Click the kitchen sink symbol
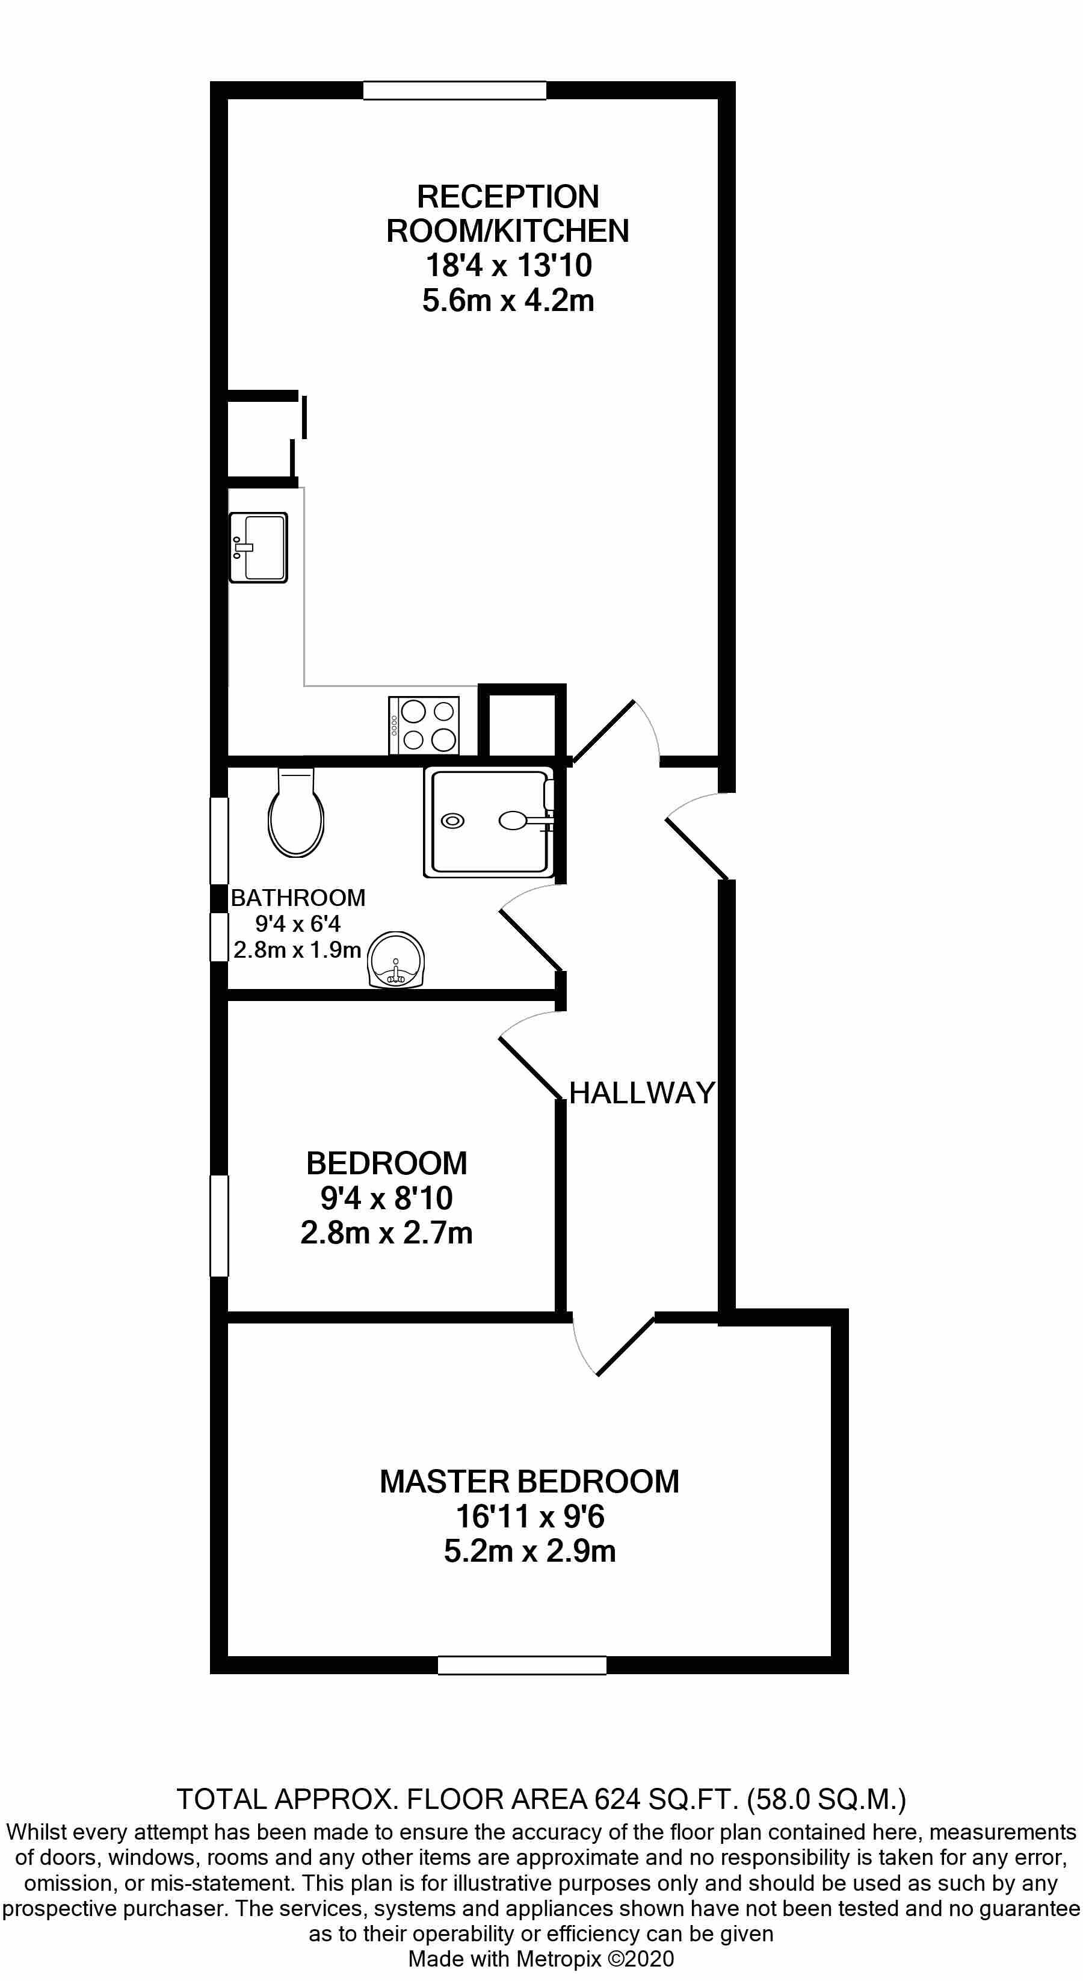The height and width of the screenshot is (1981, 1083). point(259,547)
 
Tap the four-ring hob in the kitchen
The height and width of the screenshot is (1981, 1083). point(424,725)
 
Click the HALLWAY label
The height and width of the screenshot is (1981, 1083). point(642,1093)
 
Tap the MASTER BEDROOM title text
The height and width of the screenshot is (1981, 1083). point(530,1482)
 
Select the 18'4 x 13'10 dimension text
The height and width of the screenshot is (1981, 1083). point(508,265)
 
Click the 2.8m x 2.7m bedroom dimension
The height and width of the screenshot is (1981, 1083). point(386,1233)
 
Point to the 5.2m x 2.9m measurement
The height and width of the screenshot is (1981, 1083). point(530,1551)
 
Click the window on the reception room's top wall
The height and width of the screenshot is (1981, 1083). point(455,91)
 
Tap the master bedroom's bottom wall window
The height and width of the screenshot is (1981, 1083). point(522,1665)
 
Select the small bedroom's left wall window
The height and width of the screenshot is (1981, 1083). point(219,1226)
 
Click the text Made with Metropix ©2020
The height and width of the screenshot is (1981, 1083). point(541,1959)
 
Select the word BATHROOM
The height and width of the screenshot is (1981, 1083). point(298,898)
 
